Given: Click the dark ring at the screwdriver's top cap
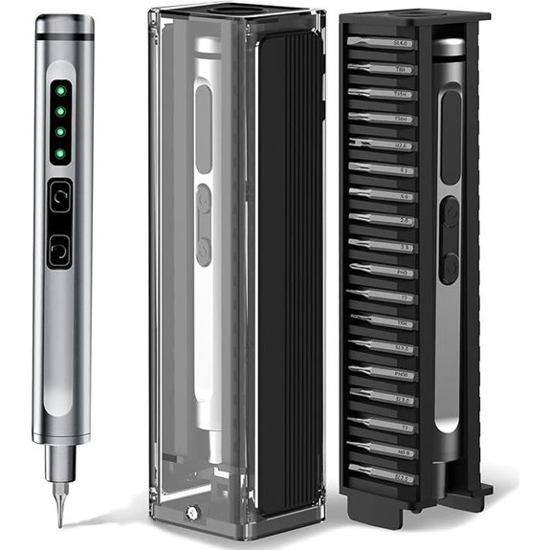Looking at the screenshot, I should (65, 37).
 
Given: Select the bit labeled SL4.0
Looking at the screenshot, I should (386, 43).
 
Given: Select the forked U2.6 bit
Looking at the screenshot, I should (386, 144).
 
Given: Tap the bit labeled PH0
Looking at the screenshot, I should (388, 271).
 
